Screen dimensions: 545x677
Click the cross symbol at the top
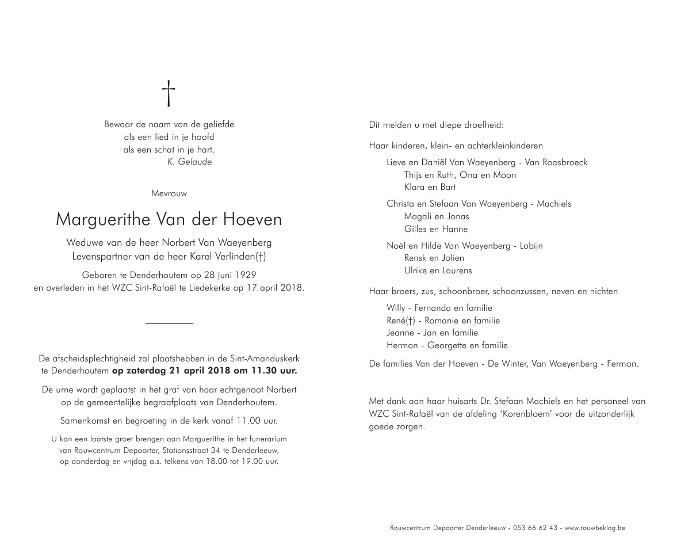point(169,93)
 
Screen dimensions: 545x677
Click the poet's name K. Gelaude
point(189,162)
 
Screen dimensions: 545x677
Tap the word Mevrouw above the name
point(169,194)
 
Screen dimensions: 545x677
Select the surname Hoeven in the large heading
point(255,220)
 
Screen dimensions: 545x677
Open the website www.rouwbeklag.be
point(595,528)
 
